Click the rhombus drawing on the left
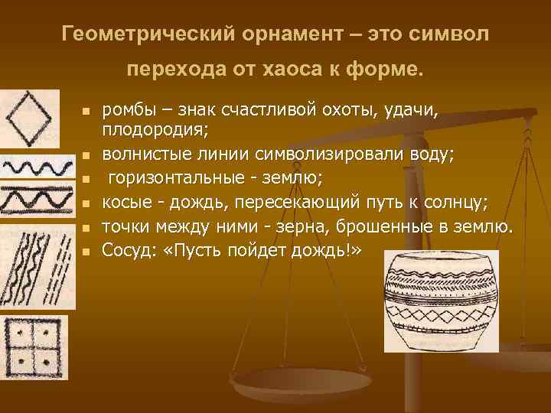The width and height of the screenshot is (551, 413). click(23, 117)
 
